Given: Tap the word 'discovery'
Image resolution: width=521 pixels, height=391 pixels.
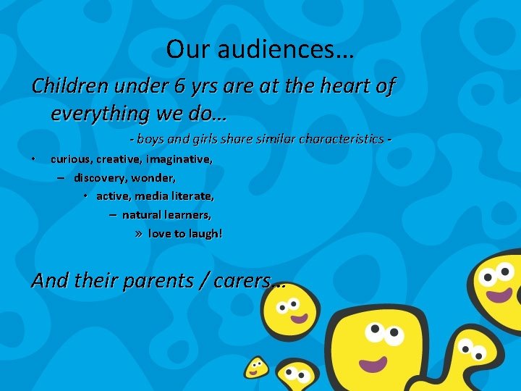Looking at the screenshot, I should click(x=98, y=177).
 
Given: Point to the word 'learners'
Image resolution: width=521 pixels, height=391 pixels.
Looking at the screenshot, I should click(x=185, y=215).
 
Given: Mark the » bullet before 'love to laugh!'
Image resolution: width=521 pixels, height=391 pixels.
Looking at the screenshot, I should click(x=140, y=234).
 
